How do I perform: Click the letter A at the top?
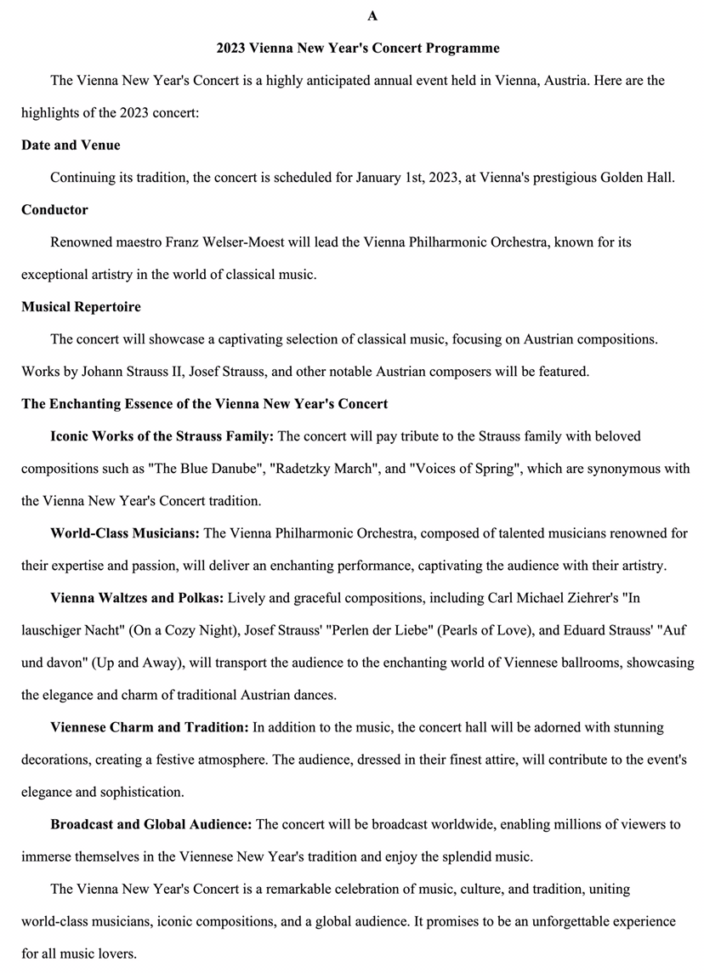tap(372, 15)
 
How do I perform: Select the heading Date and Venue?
tap(71, 145)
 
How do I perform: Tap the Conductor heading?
tap(54, 209)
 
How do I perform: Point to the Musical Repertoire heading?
tap(81, 306)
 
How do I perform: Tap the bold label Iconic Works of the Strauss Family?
tap(162, 436)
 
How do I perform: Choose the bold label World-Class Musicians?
tap(124, 533)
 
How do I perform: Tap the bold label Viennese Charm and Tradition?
tap(149, 727)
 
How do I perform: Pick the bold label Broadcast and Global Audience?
tap(150, 824)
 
